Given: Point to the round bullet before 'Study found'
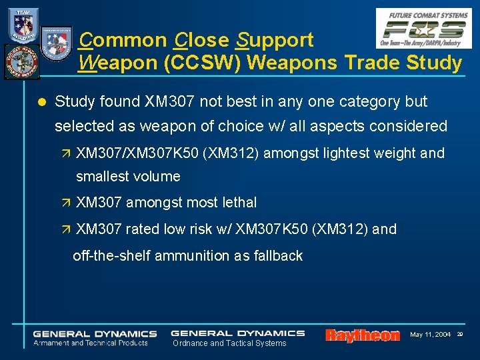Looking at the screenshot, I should (41, 102).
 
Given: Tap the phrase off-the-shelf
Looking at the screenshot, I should (111, 255).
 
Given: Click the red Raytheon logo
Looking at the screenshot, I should (363, 335).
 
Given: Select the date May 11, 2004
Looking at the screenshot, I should (430, 334).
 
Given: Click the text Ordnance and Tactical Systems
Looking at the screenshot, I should (229, 343).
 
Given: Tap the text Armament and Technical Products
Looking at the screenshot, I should (91, 343).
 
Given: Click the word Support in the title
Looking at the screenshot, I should (274, 41).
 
